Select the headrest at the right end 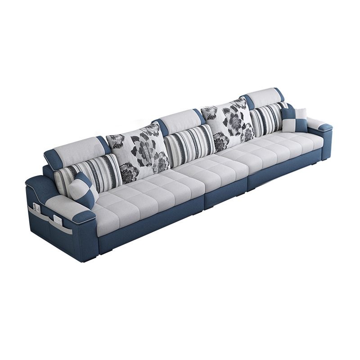265,96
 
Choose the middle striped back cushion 189,142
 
